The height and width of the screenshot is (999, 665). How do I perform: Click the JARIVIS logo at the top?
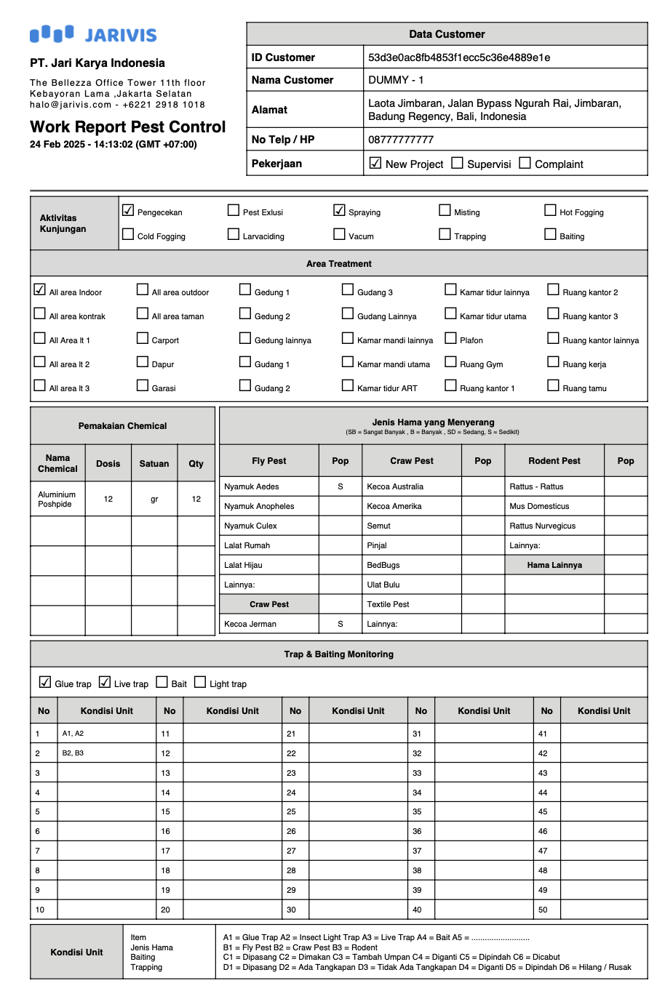(x=93, y=34)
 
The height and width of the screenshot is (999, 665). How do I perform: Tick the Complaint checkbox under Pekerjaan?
(x=525, y=163)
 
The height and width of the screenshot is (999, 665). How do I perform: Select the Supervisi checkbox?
(x=457, y=163)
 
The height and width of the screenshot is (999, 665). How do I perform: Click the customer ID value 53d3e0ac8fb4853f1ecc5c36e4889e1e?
(x=459, y=57)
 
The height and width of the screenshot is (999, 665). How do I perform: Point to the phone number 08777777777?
(x=401, y=140)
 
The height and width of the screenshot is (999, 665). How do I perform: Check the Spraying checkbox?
(x=339, y=210)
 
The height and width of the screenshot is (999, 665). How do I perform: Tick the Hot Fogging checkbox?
(x=550, y=210)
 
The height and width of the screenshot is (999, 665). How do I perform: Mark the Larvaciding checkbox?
(x=234, y=234)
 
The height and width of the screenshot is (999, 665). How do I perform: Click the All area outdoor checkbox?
(x=143, y=289)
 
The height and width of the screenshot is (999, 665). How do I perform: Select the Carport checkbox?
(x=143, y=337)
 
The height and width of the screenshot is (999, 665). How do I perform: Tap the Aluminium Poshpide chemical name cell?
(x=57, y=499)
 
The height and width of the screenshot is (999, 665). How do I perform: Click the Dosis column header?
(x=108, y=463)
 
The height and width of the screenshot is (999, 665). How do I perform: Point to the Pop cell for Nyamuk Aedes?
(x=340, y=486)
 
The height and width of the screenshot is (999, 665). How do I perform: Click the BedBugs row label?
(x=383, y=565)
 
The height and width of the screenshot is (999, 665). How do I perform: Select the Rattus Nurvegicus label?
(x=542, y=526)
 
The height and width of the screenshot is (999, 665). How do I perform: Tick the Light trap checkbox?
(x=200, y=682)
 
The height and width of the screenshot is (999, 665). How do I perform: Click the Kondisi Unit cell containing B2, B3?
(x=106, y=753)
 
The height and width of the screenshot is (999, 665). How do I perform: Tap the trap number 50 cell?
(x=546, y=910)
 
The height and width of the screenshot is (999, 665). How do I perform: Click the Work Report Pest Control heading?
(x=128, y=127)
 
